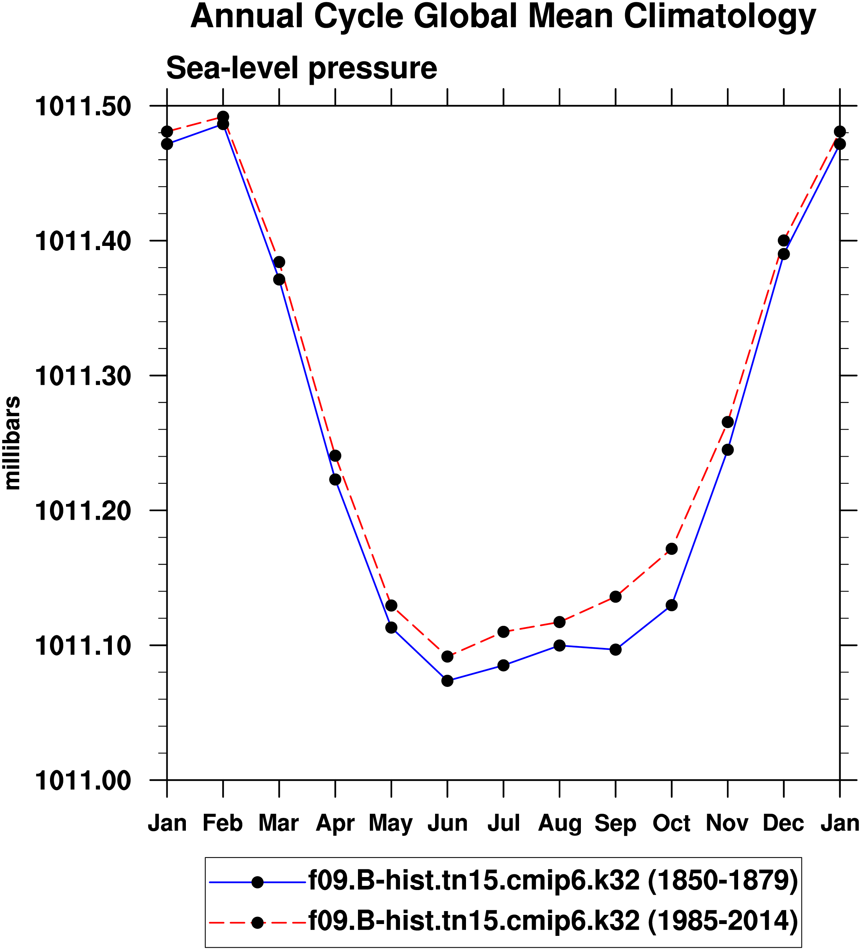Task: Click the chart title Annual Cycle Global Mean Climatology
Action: click(x=503, y=17)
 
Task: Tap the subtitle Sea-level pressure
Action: click(x=302, y=68)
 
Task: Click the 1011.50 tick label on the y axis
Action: click(x=82, y=107)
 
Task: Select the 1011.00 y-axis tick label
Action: click(x=82, y=781)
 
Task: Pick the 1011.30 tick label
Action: click(x=82, y=376)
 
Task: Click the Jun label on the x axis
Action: click(x=447, y=823)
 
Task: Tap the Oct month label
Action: click(x=671, y=823)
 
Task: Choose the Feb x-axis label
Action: click(x=223, y=823)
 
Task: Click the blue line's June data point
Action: click(x=447, y=680)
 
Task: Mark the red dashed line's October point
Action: click(x=672, y=549)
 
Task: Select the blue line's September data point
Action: click(x=616, y=650)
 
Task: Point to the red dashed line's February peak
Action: click(x=223, y=117)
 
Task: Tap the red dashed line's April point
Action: click(x=335, y=456)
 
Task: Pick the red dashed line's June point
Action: click(x=447, y=656)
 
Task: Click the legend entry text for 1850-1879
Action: click(x=553, y=881)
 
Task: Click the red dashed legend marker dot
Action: click(x=257, y=923)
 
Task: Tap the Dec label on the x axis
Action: click(x=783, y=823)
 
